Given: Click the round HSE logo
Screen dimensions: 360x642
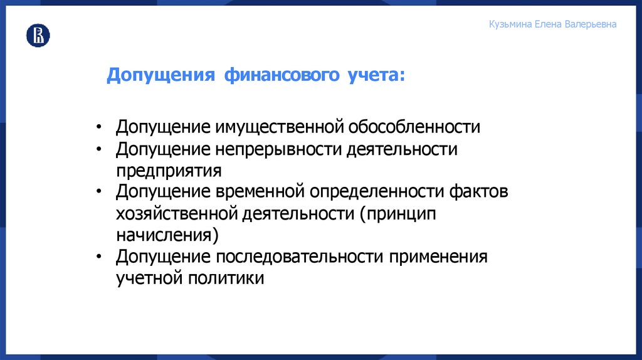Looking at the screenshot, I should [38, 36].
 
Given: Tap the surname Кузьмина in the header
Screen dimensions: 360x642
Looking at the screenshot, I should [510, 24].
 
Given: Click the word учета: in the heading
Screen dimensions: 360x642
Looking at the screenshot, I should [375, 76].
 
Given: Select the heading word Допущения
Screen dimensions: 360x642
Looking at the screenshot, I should [161, 76].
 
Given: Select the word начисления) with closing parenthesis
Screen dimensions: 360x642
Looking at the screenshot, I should [167, 235].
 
